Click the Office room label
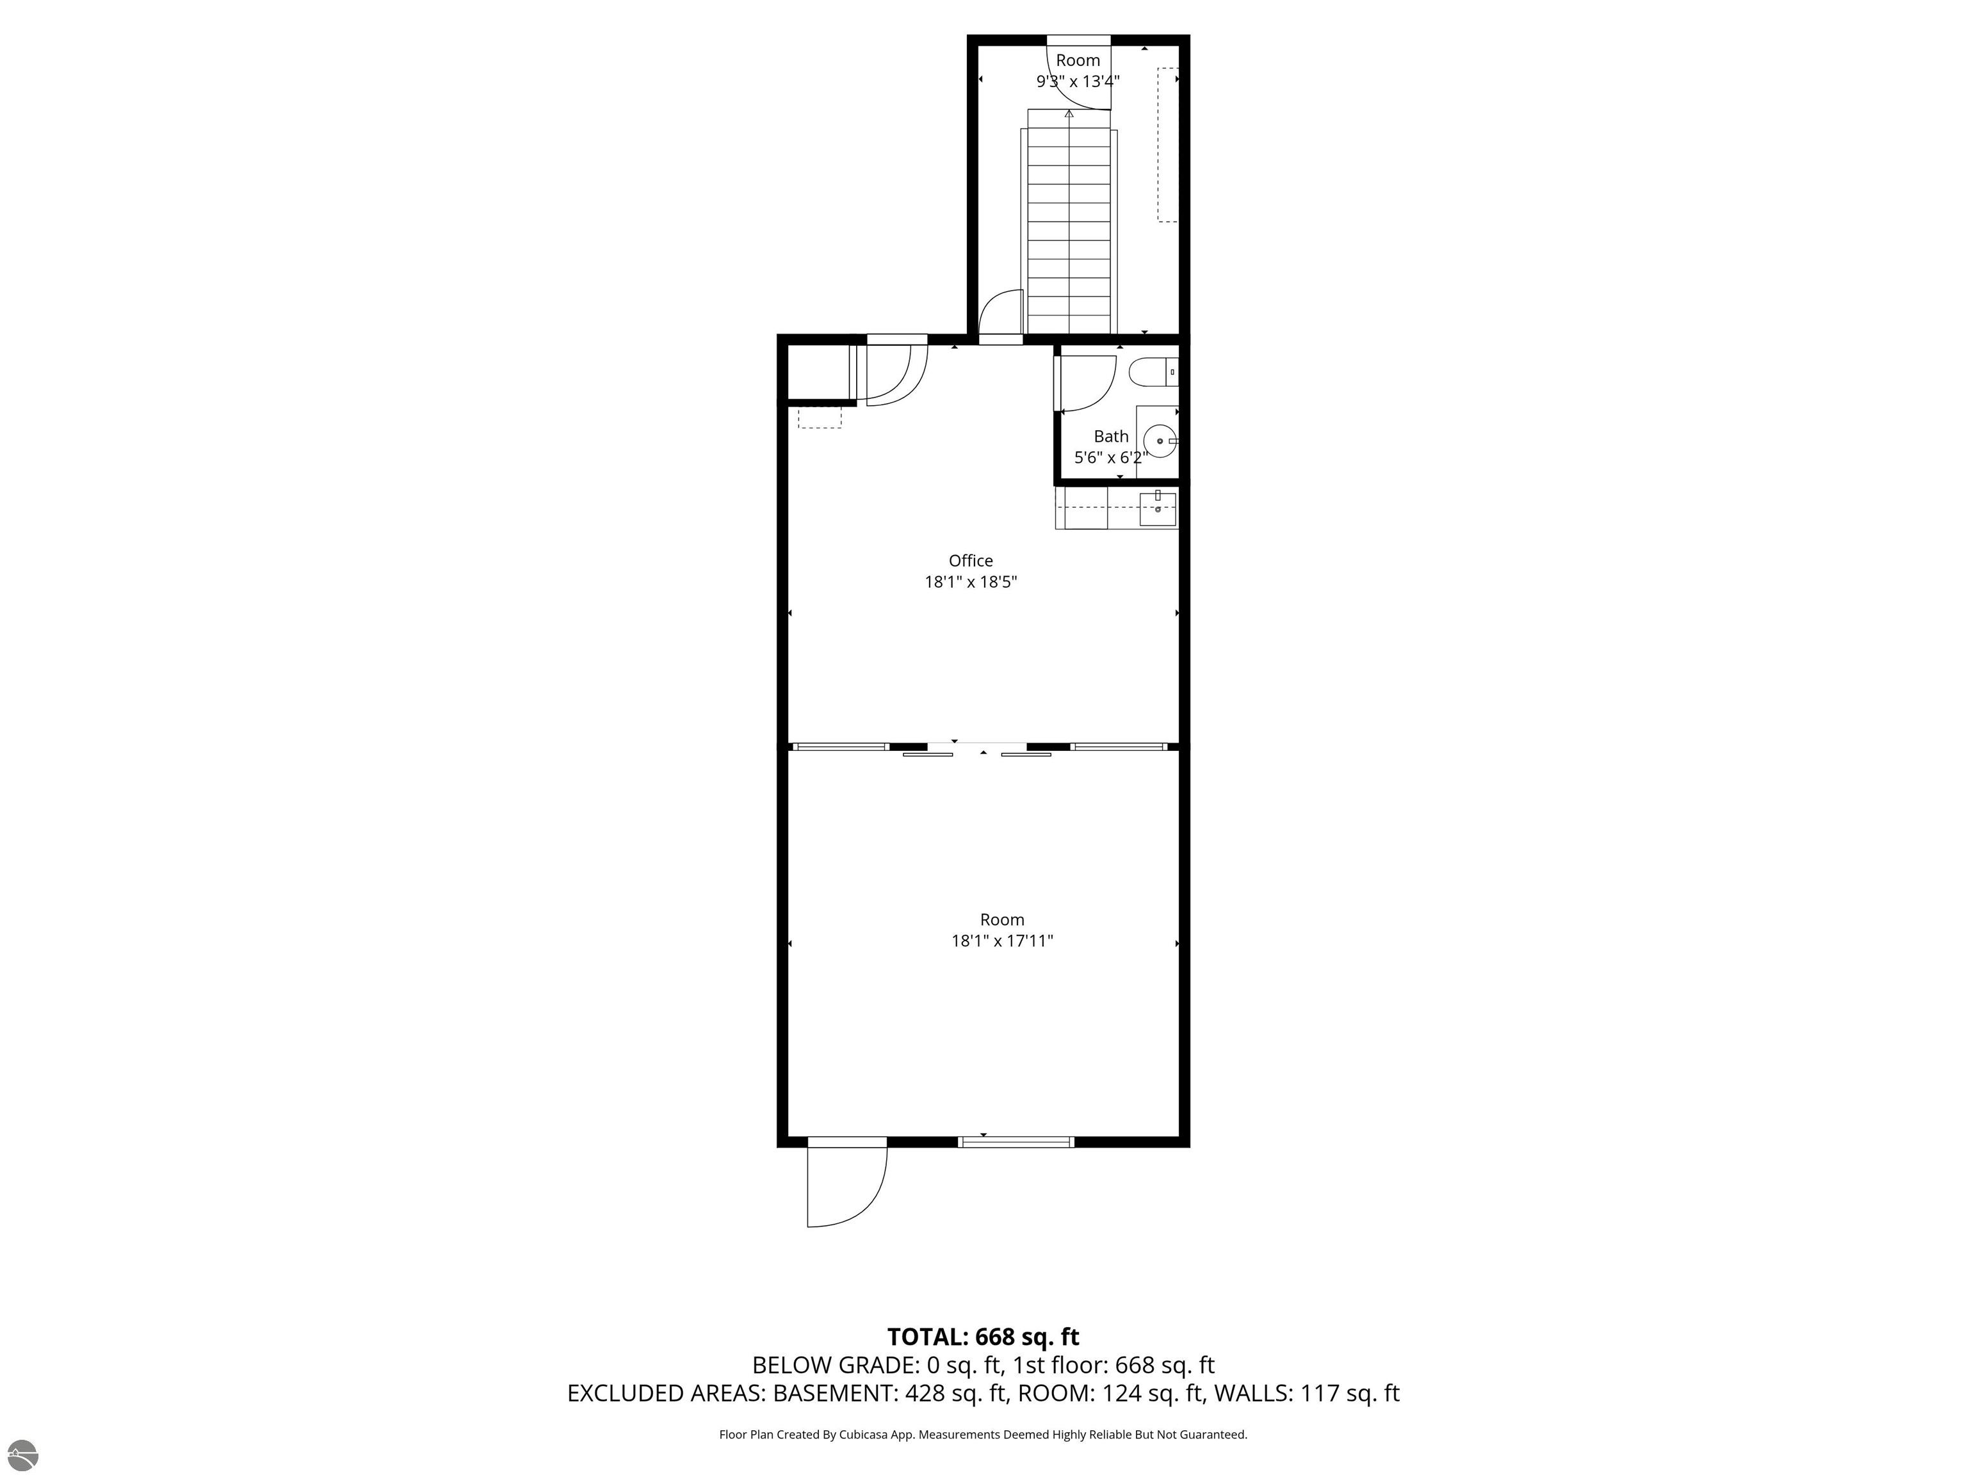click(x=970, y=561)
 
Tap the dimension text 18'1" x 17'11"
click(x=1002, y=940)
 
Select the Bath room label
click(x=1111, y=437)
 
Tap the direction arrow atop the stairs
click(x=1069, y=114)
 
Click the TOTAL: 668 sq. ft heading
click(x=983, y=1337)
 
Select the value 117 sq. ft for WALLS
click(x=1350, y=1393)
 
